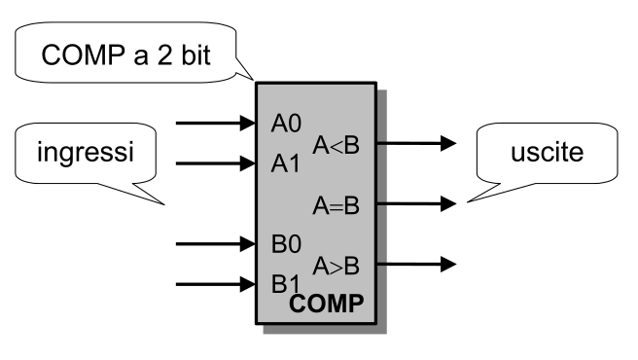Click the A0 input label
286,124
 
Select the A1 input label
285,163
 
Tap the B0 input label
286,244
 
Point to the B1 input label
285,284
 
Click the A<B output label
337,145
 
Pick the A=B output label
337,205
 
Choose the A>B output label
337,266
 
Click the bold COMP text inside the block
327,304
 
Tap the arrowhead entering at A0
247,123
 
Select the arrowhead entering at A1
247,163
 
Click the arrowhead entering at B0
247,244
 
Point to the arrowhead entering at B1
247,284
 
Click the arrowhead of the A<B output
448,143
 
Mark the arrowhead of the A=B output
448,203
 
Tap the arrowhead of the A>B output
448,264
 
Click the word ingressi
86,153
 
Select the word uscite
548,153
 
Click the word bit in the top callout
195,54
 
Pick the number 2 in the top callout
164,55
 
